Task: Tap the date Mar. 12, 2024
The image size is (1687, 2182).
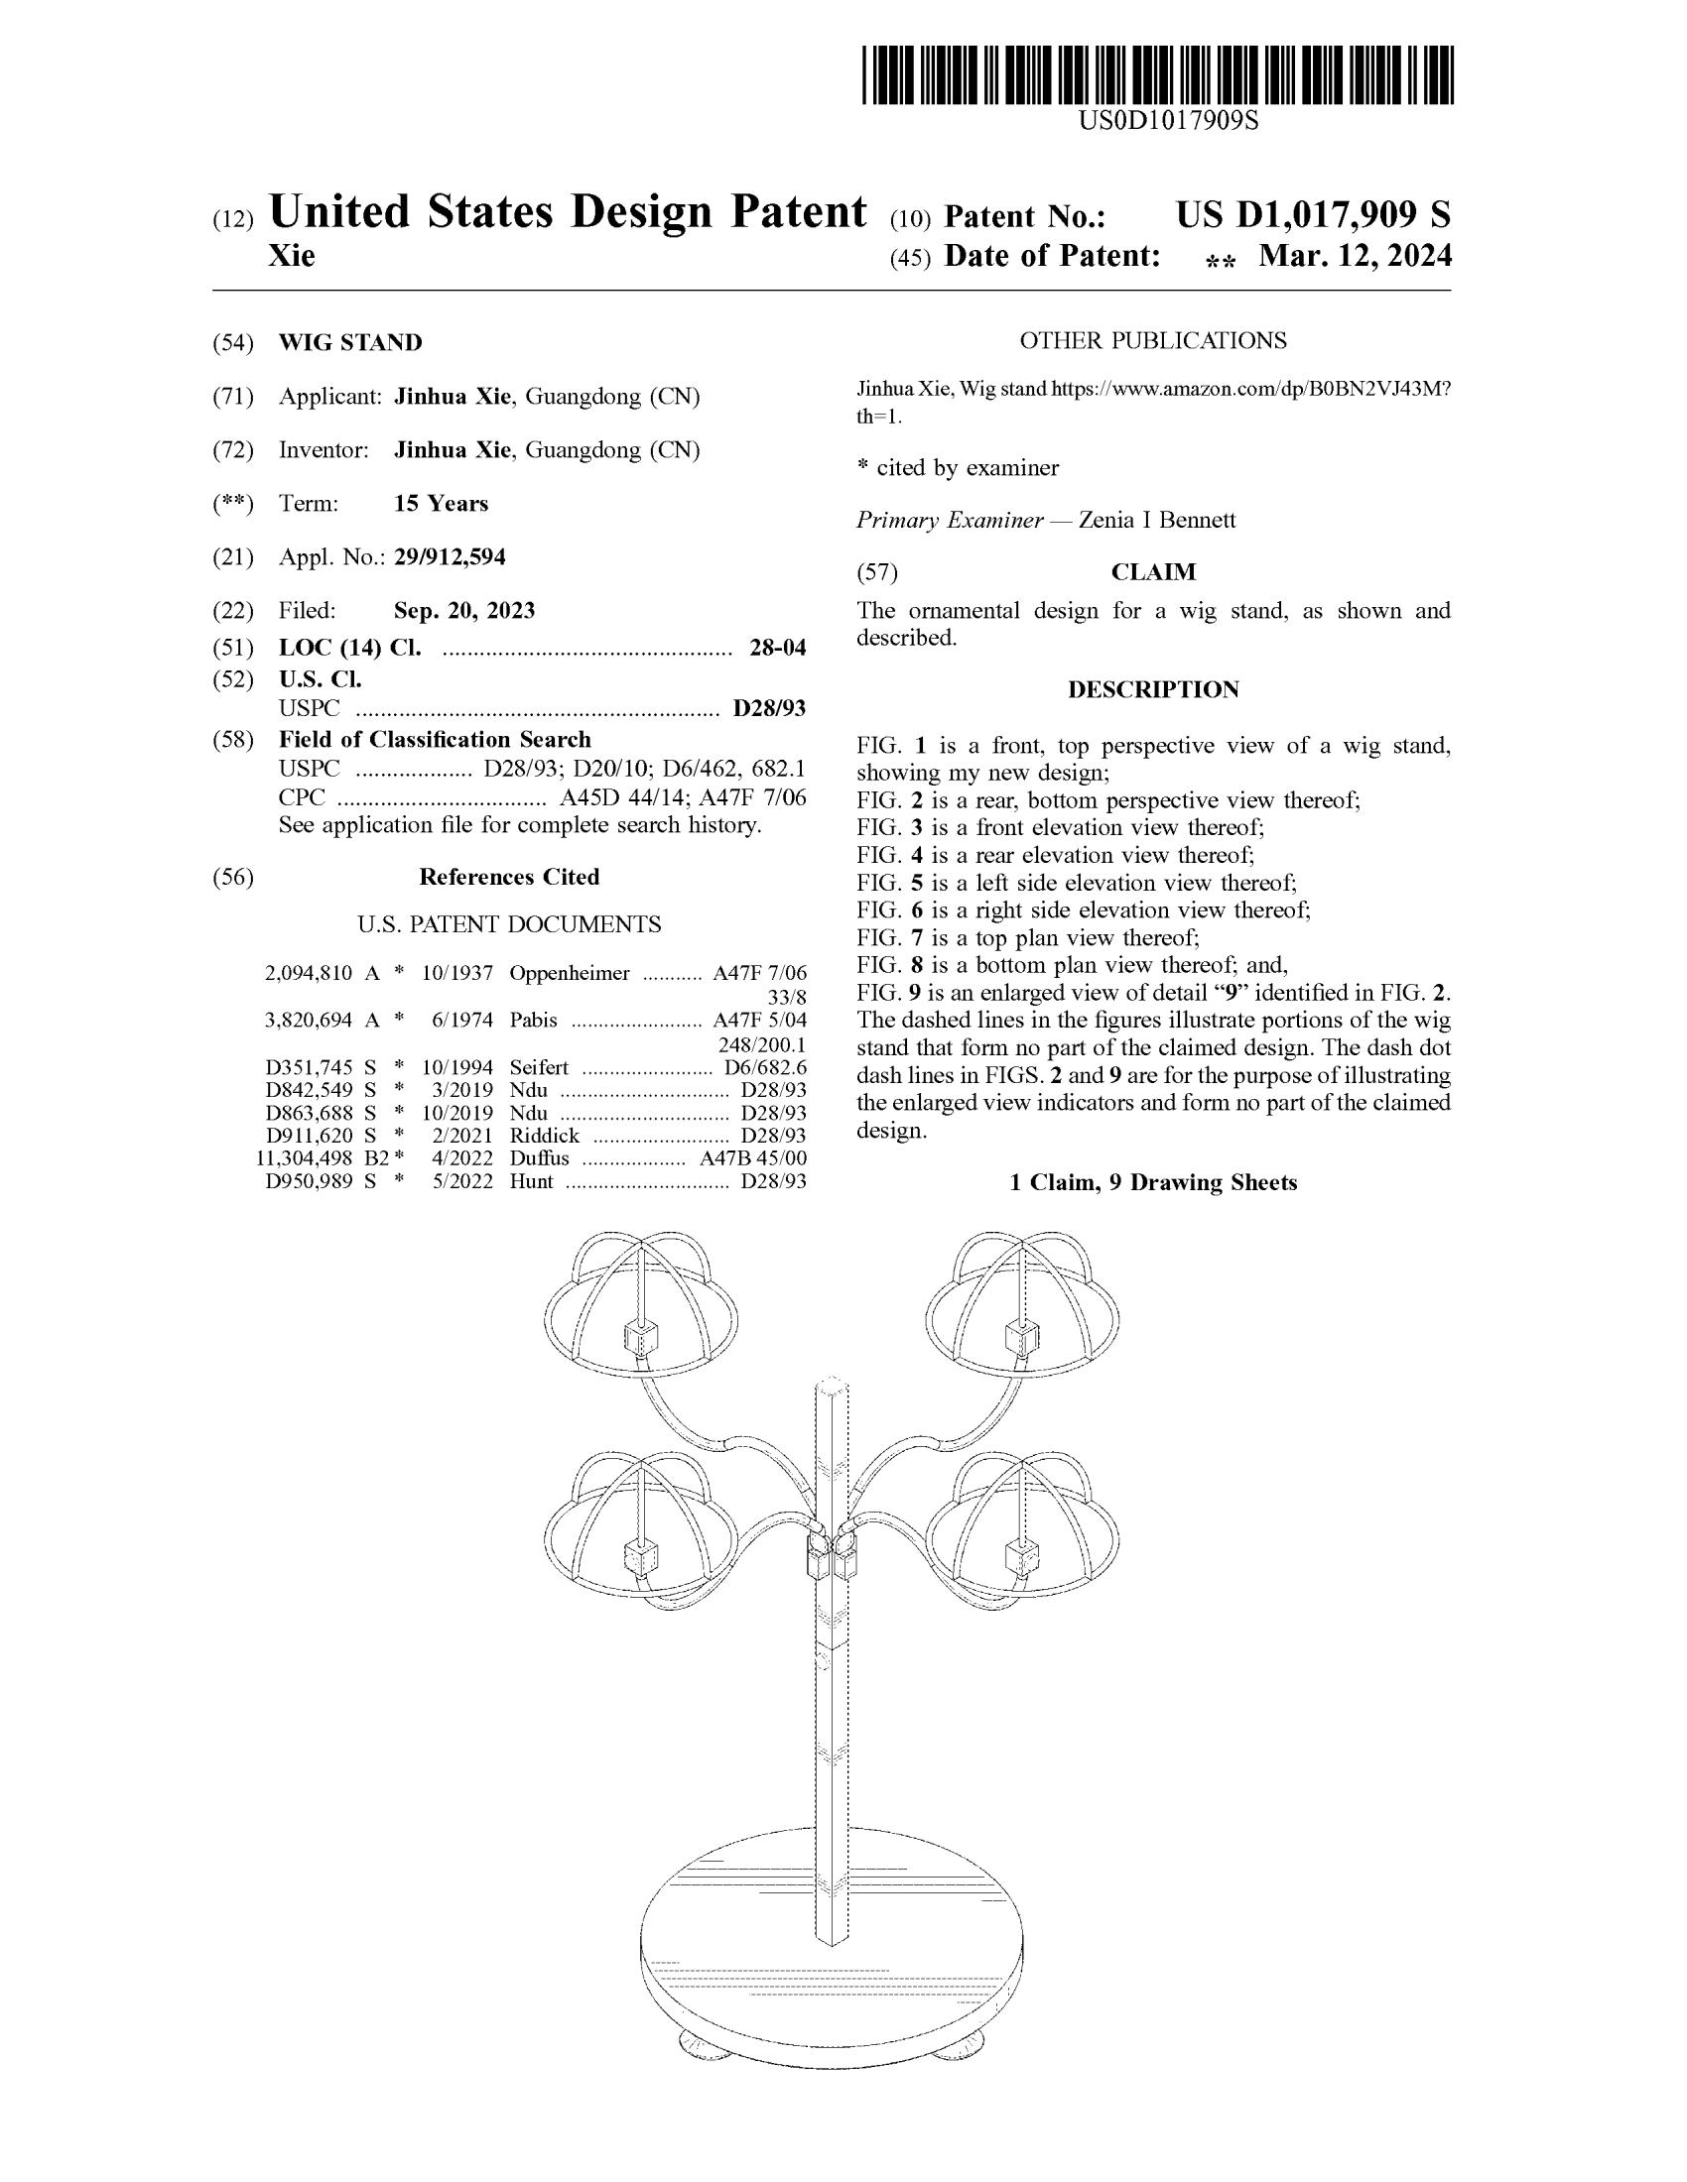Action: click(x=1355, y=257)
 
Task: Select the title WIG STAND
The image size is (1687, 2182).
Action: click(x=349, y=343)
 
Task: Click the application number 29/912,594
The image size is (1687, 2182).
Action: click(x=450, y=556)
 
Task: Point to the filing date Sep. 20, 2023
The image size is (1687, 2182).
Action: click(x=463, y=609)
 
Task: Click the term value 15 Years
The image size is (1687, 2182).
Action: click(x=441, y=504)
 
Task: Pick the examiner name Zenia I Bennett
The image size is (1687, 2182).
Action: click(x=1157, y=520)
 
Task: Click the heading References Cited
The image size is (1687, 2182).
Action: click(x=509, y=876)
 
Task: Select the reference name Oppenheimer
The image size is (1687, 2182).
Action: click(x=570, y=973)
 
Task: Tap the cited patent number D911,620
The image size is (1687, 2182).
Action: click(x=308, y=1135)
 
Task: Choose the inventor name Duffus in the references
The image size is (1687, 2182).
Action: click(x=539, y=1157)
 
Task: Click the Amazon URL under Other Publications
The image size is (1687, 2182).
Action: click(x=1249, y=391)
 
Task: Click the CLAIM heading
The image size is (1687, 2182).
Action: click(x=1153, y=572)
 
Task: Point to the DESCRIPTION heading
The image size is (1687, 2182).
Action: click(x=1153, y=689)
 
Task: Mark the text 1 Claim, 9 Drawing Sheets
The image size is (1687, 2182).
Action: click(x=1153, y=1182)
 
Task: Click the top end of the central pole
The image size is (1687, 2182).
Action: click(x=833, y=1386)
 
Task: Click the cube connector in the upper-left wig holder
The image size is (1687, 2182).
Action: click(x=640, y=1336)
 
